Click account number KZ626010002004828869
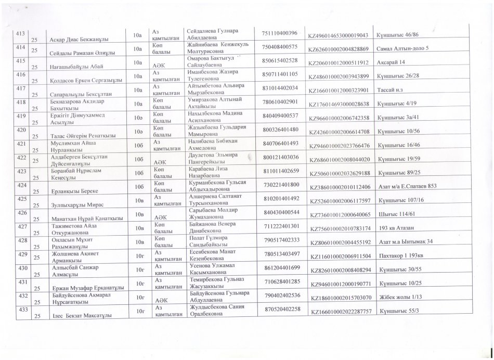click(339, 49)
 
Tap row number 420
click(22, 128)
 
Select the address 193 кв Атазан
click(402, 228)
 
